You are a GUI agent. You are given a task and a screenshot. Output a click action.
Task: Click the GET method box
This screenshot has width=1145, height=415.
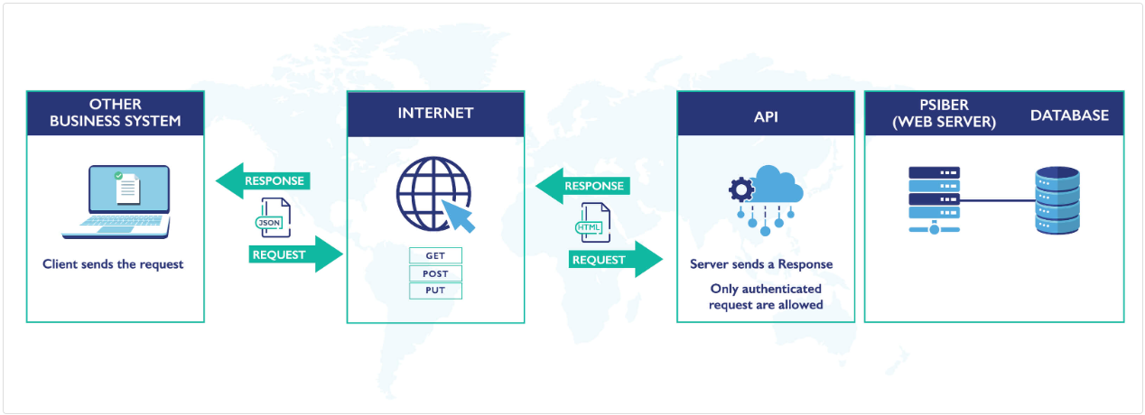point(435,255)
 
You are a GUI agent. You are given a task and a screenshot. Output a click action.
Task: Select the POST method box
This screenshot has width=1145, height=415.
point(435,273)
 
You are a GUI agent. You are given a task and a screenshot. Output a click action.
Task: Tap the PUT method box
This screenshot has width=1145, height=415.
point(435,290)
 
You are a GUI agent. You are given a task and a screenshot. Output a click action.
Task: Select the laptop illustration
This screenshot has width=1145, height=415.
point(116,201)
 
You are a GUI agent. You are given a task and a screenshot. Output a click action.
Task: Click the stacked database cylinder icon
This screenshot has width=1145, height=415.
point(1057,201)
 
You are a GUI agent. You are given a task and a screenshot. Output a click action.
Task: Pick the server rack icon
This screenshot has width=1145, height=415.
point(934,199)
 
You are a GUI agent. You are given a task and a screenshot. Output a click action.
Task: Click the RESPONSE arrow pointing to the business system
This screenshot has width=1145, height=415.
point(263,180)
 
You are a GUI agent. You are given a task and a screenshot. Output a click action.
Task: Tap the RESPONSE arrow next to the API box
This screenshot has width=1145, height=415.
point(582,187)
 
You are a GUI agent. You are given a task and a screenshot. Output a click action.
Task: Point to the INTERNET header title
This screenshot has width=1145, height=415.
point(435,114)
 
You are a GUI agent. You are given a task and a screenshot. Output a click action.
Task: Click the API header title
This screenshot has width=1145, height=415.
point(766,116)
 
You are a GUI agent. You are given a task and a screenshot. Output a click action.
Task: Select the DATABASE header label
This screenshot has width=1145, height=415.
point(1069,115)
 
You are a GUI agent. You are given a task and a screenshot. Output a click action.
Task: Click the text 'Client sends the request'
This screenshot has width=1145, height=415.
point(113,264)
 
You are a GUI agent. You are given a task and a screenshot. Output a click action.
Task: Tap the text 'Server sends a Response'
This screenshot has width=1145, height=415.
point(761,264)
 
